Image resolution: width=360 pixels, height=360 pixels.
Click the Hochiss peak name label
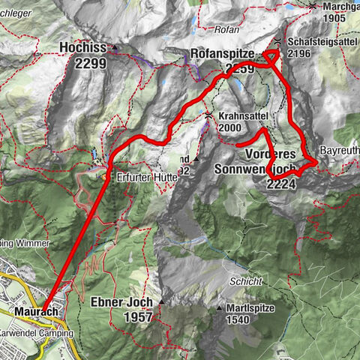click(x=82, y=49)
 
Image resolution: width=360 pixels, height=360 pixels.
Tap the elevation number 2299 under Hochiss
click(x=90, y=64)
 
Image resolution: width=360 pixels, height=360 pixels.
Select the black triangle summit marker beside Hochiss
click(x=115, y=49)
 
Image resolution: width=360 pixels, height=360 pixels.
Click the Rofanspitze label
click(x=224, y=53)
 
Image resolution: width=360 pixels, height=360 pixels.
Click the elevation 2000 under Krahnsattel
click(x=230, y=127)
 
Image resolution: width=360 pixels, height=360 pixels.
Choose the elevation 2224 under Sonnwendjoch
click(x=281, y=182)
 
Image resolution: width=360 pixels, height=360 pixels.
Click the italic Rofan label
click(x=226, y=31)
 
